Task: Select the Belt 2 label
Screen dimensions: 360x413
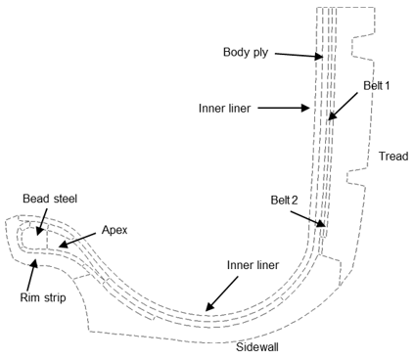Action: coord(284,200)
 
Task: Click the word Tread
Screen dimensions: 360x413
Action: coord(393,157)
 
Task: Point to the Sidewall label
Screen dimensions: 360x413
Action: coord(259,346)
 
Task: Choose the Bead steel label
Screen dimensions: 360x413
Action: coord(49,198)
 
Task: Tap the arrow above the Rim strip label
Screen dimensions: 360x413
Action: coord(33,275)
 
